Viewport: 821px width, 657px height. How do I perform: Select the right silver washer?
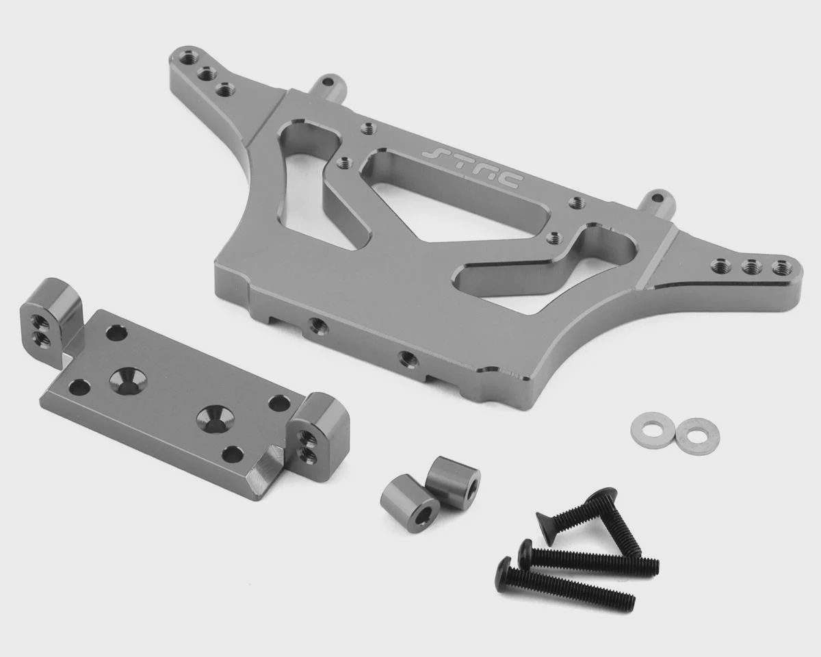click(697, 437)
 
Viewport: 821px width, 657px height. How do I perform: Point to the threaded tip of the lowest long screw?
click(627, 604)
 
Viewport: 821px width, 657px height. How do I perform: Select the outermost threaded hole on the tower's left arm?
click(187, 59)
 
